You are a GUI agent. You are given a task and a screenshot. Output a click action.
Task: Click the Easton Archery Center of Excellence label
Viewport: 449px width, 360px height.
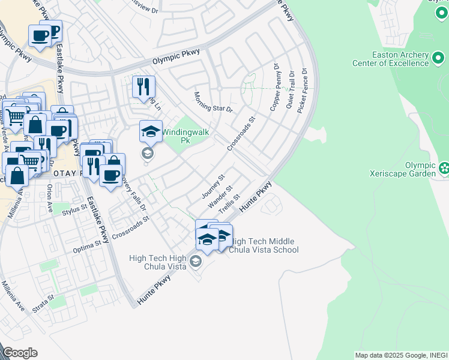click(x=390, y=59)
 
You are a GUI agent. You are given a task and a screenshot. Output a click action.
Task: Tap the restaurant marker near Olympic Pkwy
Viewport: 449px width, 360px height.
click(x=143, y=87)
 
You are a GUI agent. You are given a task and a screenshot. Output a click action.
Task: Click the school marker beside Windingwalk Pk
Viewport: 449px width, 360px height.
click(x=151, y=131)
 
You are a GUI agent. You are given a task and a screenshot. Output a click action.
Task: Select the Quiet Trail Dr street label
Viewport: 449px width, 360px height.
click(x=290, y=89)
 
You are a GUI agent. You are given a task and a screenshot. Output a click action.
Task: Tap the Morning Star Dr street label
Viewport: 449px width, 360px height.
click(x=212, y=103)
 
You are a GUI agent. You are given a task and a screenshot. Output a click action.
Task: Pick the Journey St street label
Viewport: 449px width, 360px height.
click(x=212, y=187)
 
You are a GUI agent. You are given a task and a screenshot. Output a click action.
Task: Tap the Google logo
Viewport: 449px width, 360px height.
click(x=20, y=353)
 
